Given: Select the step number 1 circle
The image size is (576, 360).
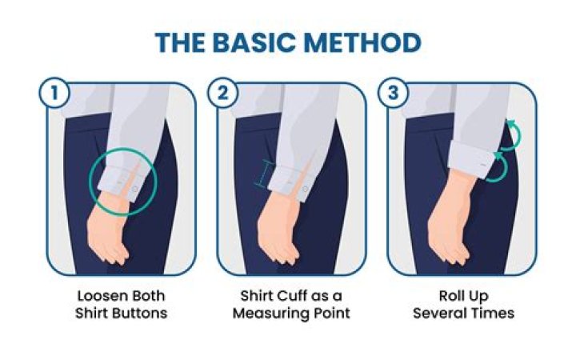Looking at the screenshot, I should [53, 92].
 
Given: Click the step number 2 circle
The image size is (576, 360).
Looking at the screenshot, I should [223, 92].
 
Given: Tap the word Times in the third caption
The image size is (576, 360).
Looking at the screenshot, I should [489, 312].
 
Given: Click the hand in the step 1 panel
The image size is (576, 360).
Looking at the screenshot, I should [108, 236].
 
